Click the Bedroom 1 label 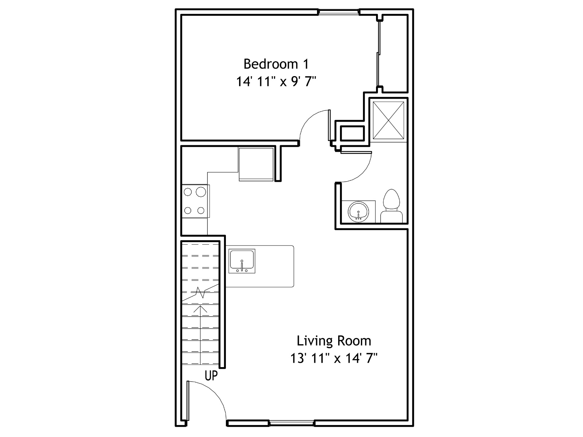point(276,64)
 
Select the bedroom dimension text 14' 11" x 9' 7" point(276,82)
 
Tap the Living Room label point(334,341)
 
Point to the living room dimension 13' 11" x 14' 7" point(334,358)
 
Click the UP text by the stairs point(211,375)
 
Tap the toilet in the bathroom point(391,206)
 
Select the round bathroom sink point(358,212)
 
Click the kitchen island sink point(242,261)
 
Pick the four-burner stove point(195,201)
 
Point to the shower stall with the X point(388,120)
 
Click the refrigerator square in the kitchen point(256,164)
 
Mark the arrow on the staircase point(200,335)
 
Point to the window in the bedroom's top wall point(339,12)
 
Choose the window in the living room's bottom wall point(291,423)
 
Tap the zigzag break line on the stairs point(200,292)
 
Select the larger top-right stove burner point(201,192)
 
